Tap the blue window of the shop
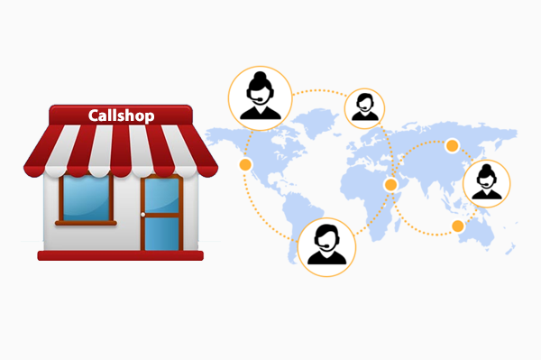(x=85, y=196)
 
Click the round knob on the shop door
(x=143, y=214)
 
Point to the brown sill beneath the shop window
(x=85, y=221)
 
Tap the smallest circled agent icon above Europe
(x=365, y=106)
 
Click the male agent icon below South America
(x=326, y=244)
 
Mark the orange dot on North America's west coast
(x=244, y=165)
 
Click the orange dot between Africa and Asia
(x=390, y=184)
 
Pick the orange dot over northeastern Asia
(x=453, y=144)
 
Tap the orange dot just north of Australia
(x=457, y=225)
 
